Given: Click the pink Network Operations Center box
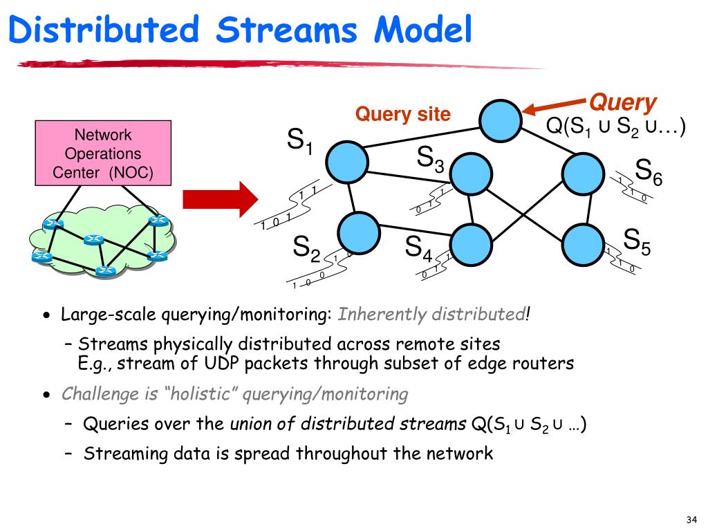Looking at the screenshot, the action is (x=103, y=153).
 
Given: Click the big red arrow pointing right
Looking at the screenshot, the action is (x=221, y=199).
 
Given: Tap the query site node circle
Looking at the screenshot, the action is (x=501, y=121).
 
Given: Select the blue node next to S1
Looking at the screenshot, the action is (x=347, y=162).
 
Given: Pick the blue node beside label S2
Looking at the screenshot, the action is (x=359, y=233).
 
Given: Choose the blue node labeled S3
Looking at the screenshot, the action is (x=471, y=174).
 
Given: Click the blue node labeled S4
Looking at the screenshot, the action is (x=471, y=245).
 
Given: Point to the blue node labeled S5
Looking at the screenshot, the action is (x=584, y=245).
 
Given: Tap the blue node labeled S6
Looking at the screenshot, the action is (x=584, y=174).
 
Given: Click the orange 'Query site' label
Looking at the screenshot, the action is (x=403, y=114).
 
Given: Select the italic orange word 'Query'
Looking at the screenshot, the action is (x=623, y=103).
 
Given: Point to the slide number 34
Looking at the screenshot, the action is (x=691, y=520).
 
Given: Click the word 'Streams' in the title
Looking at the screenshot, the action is (x=287, y=29).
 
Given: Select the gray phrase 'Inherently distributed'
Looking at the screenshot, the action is (x=431, y=314).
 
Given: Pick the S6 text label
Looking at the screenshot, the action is (x=649, y=172).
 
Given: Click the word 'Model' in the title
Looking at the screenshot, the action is (x=423, y=29).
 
